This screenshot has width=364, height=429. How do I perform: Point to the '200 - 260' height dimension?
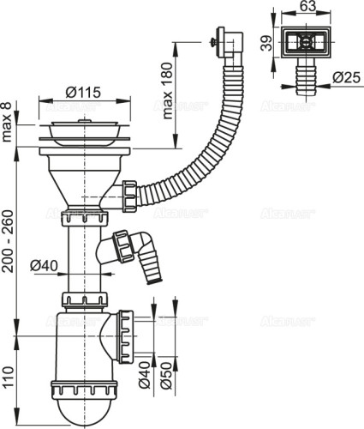coord(9,242)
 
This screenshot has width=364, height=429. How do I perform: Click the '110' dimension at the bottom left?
coord(9,375)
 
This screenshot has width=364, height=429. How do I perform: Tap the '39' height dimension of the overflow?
coord(266,42)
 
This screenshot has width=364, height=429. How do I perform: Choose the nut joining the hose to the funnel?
coord(129,194)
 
